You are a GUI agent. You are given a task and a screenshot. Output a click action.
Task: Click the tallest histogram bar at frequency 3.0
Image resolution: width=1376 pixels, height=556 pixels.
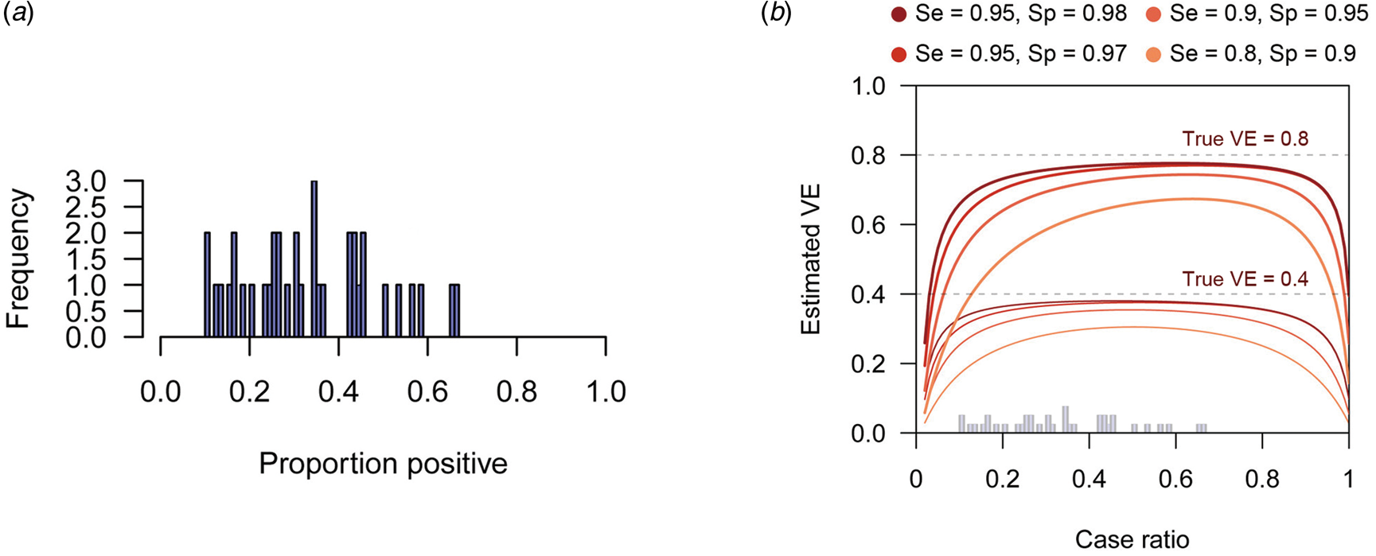click(314, 259)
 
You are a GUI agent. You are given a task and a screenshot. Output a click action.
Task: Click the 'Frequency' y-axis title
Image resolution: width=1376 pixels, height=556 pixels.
click(18, 259)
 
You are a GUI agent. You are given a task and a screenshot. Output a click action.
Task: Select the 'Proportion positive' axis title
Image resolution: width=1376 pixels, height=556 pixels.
click(383, 464)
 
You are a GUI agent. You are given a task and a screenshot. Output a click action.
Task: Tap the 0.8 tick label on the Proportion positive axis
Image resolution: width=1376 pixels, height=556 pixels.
click(516, 392)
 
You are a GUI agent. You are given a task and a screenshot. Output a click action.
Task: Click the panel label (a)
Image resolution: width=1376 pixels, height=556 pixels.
click(18, 14)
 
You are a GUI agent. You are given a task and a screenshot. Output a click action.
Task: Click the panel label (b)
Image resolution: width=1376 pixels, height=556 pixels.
click(776, 14)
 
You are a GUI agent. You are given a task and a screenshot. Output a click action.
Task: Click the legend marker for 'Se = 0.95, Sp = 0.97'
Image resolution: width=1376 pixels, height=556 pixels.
click(899, 54)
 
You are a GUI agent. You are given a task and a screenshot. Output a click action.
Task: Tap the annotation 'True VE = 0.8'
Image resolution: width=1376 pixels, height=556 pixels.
click(1245, 138)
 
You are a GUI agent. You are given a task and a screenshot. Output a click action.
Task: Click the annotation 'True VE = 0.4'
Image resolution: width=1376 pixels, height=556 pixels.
click(1245, 278)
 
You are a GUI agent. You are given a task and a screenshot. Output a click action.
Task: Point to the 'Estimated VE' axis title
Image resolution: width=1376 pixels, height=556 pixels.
click(811, 259)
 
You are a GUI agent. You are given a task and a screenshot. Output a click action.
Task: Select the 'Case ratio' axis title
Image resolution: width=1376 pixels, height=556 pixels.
click(1132, 539)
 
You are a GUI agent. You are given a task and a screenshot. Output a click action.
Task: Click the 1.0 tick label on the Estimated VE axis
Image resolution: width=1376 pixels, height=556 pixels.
click(868, 86)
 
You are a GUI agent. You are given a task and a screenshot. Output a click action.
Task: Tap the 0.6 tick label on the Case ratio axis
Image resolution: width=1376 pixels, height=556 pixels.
click(1175, 480)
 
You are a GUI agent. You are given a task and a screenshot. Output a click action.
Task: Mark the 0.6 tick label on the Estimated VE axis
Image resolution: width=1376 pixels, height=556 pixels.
click(868, 225)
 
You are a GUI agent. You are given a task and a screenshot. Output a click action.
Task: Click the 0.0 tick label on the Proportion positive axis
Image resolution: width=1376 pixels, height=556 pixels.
click(161, 392)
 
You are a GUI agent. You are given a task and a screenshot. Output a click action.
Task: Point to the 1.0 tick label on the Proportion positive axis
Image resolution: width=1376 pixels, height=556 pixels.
click(606, 392)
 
